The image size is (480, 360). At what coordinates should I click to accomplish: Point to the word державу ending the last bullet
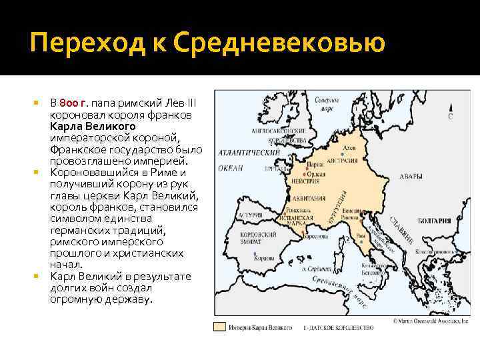129,299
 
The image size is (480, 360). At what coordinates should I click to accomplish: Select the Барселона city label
315,237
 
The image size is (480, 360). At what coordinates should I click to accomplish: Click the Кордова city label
249,257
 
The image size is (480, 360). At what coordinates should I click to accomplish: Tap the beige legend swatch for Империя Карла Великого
219,327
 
